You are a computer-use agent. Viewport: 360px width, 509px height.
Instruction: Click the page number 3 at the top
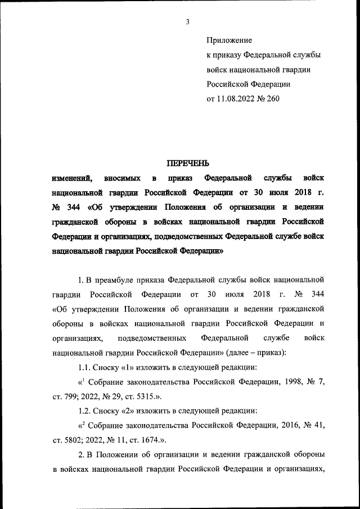pyautogui.click(x=188, y=22)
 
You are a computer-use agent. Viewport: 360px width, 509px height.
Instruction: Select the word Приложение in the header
pyautogui.click(x=229, y=40)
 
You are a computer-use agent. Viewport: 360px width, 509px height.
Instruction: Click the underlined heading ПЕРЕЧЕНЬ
pyautogui.click(x=188, y=164)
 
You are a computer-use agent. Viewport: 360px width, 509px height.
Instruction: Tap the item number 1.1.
pyautogui.click(x=84, y=367)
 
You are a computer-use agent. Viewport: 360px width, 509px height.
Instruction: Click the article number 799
pyautogui.click(x=71, y=397)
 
